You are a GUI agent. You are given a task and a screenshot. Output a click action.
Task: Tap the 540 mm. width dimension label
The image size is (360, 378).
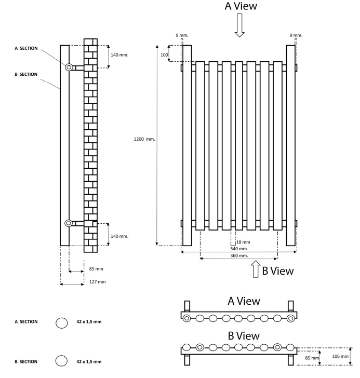[x=239, y=249]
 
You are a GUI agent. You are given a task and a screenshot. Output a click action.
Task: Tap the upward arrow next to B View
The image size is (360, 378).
[x=256, y=270]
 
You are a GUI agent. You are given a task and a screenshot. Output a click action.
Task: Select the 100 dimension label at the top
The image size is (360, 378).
[x=164, y=54]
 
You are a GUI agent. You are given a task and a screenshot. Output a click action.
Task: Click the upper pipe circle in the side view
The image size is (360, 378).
[x=69, y=67]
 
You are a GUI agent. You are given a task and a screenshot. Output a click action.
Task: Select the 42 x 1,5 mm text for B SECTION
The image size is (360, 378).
[x=89, y=362]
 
